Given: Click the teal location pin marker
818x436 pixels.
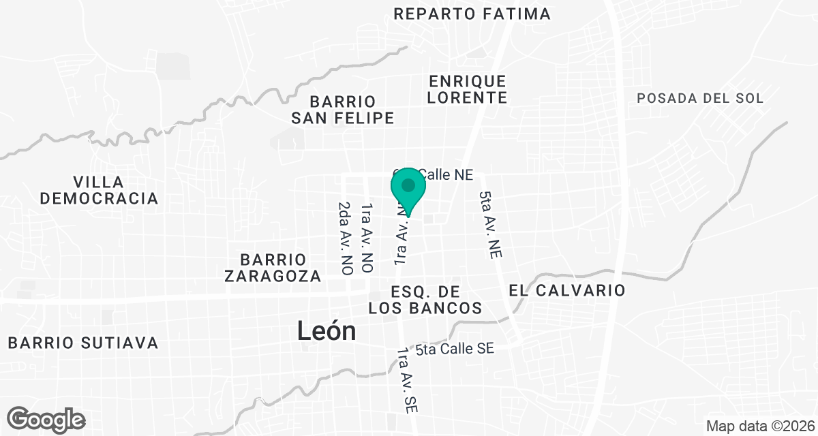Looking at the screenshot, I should pyautogui.click(x=408, y=188).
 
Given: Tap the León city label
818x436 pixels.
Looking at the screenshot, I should pyautogui.click(x=327, y=331).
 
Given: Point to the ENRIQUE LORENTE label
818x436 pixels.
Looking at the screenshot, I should pyautogui.click(x=468, y=89).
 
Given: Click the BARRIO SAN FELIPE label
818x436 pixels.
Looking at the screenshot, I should pyautogui.click(x=343, y=110).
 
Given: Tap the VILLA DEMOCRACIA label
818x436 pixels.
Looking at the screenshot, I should pyautogui.click(x=99, y=190).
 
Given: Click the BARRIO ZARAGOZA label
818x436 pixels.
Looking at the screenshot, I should pyautogui.click(x=272, y=268).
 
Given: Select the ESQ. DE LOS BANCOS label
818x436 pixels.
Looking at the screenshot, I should pyautogui.click(x=425, y=300).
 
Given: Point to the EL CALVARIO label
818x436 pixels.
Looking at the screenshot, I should pyautogui.click(x=566, y=290).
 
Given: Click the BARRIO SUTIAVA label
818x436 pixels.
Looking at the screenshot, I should pyautogui.click(x=84, y=342).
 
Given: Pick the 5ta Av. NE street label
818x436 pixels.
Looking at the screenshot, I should pyautogui.click(x=490, y=224).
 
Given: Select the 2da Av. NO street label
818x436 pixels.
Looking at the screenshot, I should pyautogui.click(x=346, y=238).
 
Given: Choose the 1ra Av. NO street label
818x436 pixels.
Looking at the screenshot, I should pyautogui.click(x=367, y=238).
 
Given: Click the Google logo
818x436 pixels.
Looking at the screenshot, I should pyautogui.click(x=46, y=419).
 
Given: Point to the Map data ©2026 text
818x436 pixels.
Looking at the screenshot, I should pyautogui.click(x=759, y=426).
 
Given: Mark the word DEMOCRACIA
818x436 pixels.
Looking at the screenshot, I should pyautogui.click(x=99, y=198).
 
